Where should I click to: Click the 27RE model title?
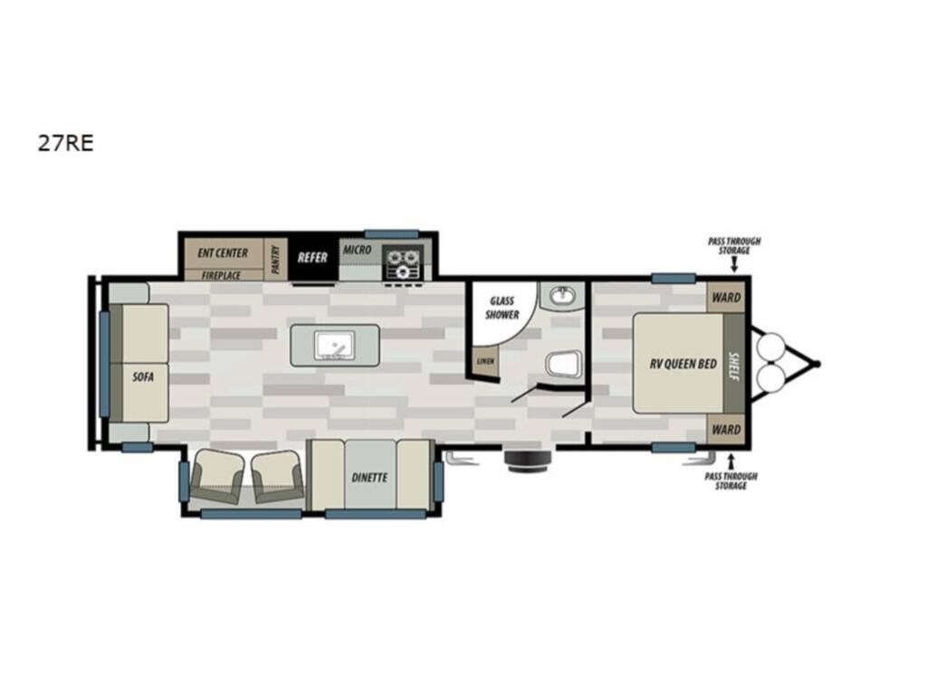pyautogui.click(x=65, y=143)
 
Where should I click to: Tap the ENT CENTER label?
pyautogui.click(x=223, y=253)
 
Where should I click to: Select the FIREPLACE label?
pyautogui.click(x=221, y=275)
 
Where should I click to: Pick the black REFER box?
pyautogui.click(x=312, y=259)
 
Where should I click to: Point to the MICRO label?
pyautogui.click(x=357, y=250)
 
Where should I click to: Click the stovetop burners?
pyautogui.click(x=403, y=262)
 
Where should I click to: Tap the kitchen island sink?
pyautogui.click(x=335, y=345)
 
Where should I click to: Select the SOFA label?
pyautogui.click(x=143, y=376)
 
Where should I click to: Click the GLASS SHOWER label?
pyautogui.click(x=502, y=308)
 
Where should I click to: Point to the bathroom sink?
pyautogui.click(x=562, y=295)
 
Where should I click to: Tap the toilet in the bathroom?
pyautogui.click(x=565, y=364)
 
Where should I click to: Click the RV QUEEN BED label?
pyautogui.click(x=683, y=364)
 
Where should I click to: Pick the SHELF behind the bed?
pyautogui.click(x=734, y=364)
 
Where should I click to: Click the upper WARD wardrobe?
pyautogui.click(x=726, y=297)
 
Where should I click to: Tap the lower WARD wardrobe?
pyautogui.click(x=726, y=430)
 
